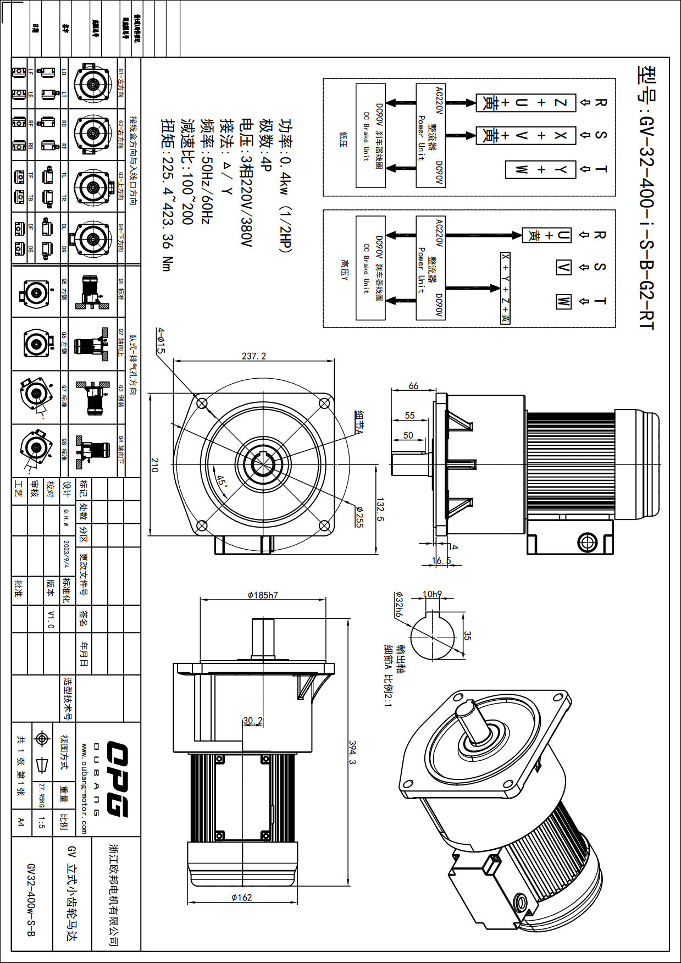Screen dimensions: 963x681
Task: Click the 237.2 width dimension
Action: click(253, 356)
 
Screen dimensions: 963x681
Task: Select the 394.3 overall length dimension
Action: click(352, 752)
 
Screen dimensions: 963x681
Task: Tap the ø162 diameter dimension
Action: click(242, 897)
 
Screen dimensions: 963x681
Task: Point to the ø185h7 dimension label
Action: click(263, 595)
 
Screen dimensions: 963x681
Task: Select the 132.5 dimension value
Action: click(380, 510)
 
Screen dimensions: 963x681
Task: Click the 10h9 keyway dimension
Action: click(432, 594)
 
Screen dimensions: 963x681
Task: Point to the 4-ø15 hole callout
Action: click(160, 340)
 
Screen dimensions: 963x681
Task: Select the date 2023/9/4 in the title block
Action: click(67, 554)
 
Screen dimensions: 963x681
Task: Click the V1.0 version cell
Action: click(51, 619)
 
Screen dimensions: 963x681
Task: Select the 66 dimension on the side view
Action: click(413, 386)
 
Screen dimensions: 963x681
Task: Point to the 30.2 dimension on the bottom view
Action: click(253, 721)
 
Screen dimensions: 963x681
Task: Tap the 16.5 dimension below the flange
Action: click(441, 561)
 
